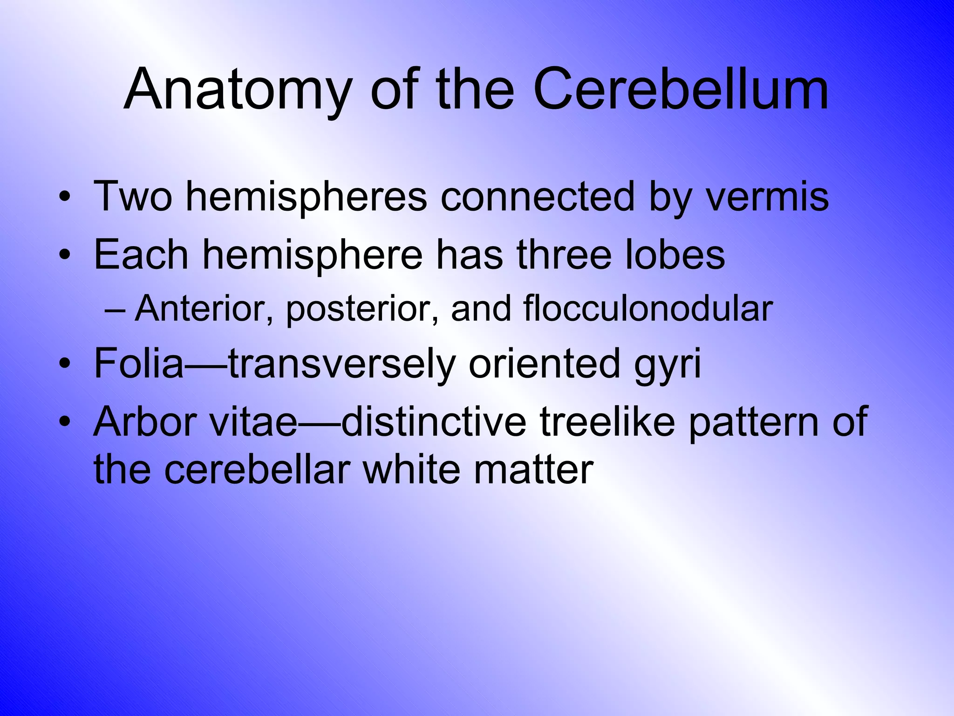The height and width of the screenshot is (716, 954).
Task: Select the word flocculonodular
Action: pyautogui.click(x=648, y=309)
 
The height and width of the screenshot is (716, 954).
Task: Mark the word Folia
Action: pyautogui.click(x=139, y=363)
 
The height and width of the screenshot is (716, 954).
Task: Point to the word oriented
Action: pyautogui.click(x=545, y=363)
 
